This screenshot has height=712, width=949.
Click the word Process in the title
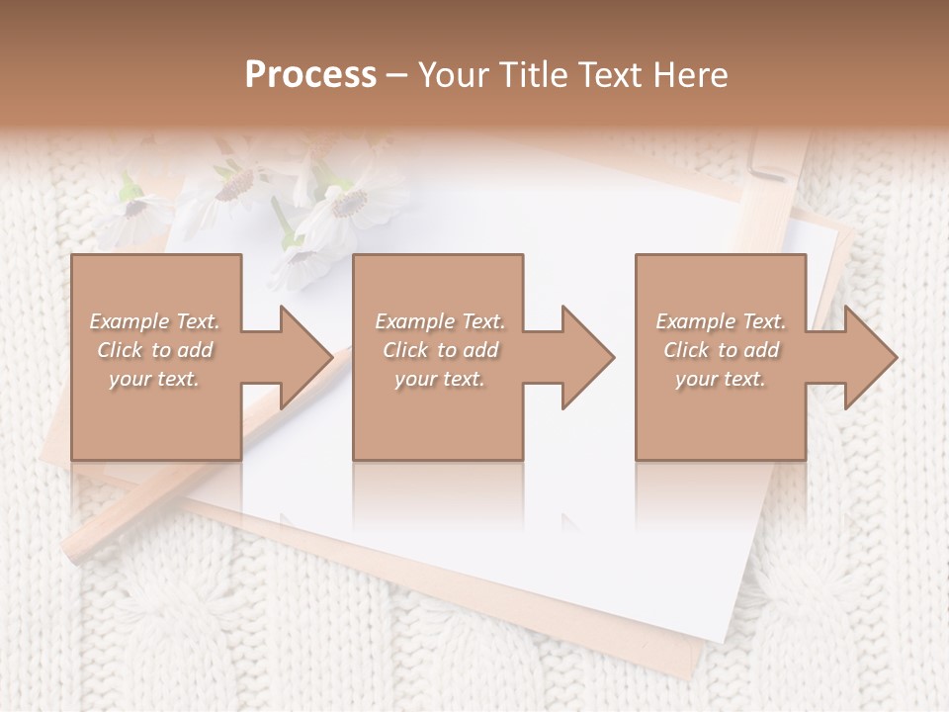pyautogui.click(x=310, y=75)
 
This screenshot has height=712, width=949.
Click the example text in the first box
pyautogui.click(x=154, y=350)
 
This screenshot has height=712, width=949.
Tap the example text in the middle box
pyautogui.click(x=439, y=350)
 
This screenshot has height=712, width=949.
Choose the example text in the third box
pyautogui.click(x=720, y=350)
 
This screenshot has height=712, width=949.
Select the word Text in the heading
pyautogui.click(x=612, y=75)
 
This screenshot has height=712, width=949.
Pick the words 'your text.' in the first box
pyautogui.click(x=154, y=379)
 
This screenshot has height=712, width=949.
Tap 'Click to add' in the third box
pyautogui.click(x=720, y=350)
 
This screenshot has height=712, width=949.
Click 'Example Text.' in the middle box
pyautogui.click(x=439, y=321)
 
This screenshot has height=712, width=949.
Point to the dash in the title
pyautogui.click(x=396, y=76)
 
